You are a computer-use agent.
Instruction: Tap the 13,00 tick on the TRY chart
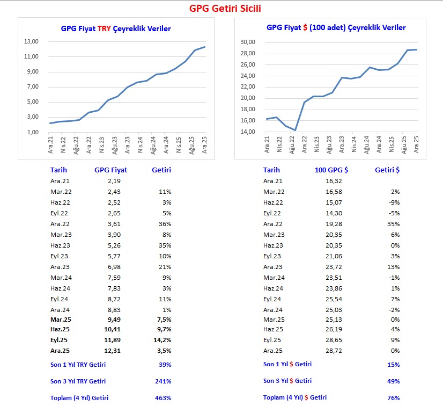click(31, 42)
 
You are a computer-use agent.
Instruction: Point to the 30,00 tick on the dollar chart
click(248, 42)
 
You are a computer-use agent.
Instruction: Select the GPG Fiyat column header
click(110, 170)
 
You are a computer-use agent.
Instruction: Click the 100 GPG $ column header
click(331, 170)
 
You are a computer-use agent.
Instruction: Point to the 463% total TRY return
click(163, 398)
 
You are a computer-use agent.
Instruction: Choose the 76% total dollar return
click(393, 398)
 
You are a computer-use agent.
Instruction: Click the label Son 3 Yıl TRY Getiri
click(78, 381)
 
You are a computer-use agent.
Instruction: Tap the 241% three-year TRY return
click(163, 381)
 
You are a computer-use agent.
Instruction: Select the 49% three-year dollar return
click(393, 381)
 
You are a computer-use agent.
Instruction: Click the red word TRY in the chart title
click(104, 28)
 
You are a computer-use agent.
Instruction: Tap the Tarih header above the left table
click(58, 170)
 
